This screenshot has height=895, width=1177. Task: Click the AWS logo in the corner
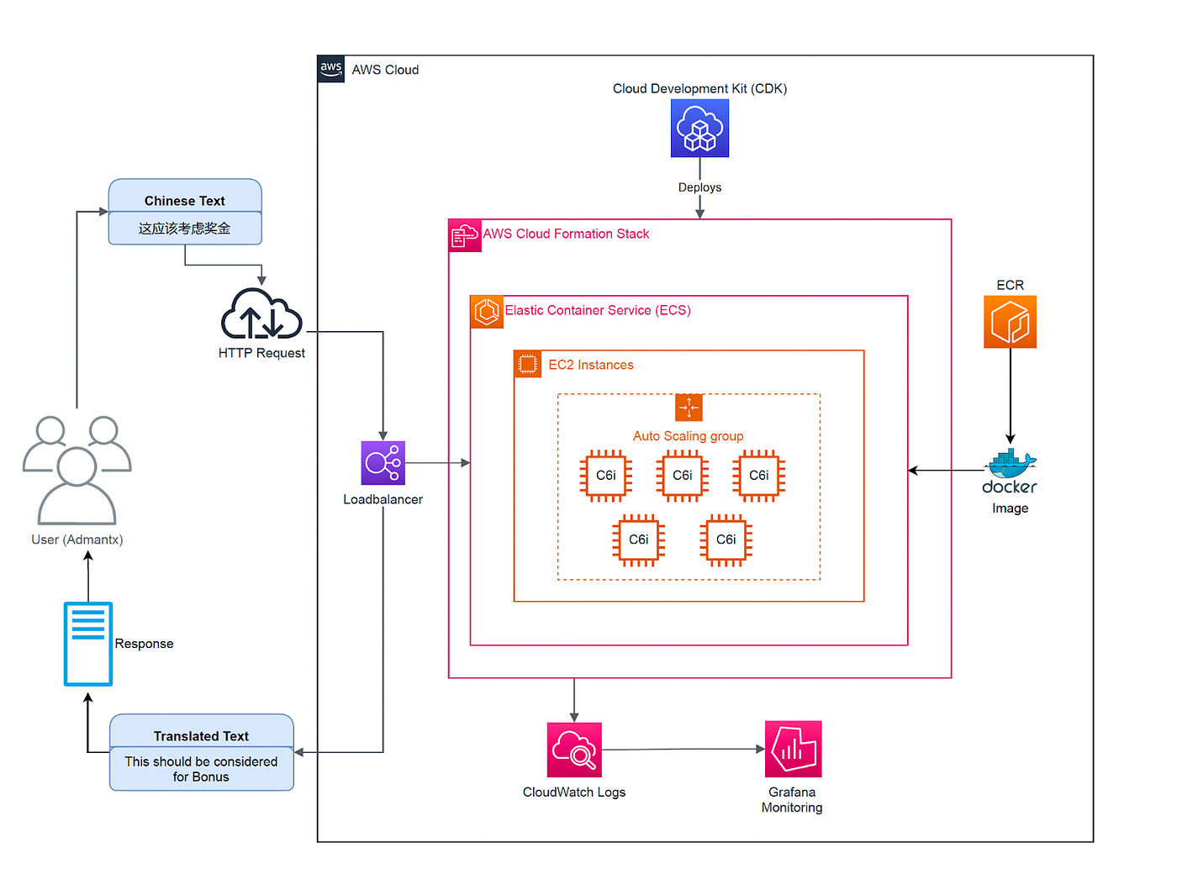pyautogui.click(x=331, y=69)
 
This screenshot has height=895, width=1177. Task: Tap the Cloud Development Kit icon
pyautogui.click(x=699, y=129)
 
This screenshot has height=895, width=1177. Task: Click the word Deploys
pyautogui.click(x=699, y=187)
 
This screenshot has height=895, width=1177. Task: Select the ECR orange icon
pyautogui.click(x=1010, y=322)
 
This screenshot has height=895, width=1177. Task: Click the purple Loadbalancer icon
pyautogui.click(x=383, y=463)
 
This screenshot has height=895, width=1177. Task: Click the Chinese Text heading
pyautogui.click(x=185, y=201)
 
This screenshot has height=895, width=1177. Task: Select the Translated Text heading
pyautogui.click(x=201, y=736)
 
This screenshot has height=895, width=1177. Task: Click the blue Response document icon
pyautogui.click(x=88, y=644)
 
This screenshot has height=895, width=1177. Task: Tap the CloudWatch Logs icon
pyautogui.click(x=574, y=750)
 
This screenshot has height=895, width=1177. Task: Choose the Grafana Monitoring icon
pyautogui.click(x=793, y=749)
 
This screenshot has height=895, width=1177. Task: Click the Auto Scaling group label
pyautogui.click(x=688, y=436)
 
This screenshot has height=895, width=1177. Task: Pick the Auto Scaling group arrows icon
pyautogui.click(x=689, y=408)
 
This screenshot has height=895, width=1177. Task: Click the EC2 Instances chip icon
pyautogui.click(x=528, y=365)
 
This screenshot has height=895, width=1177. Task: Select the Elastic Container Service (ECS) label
pyautogui.click(x=598, y=310)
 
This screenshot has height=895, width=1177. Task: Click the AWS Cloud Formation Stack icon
pyautogui.click(x=465, y=236)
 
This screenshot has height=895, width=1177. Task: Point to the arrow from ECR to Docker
pyautogui.click(x=1010, y=395)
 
